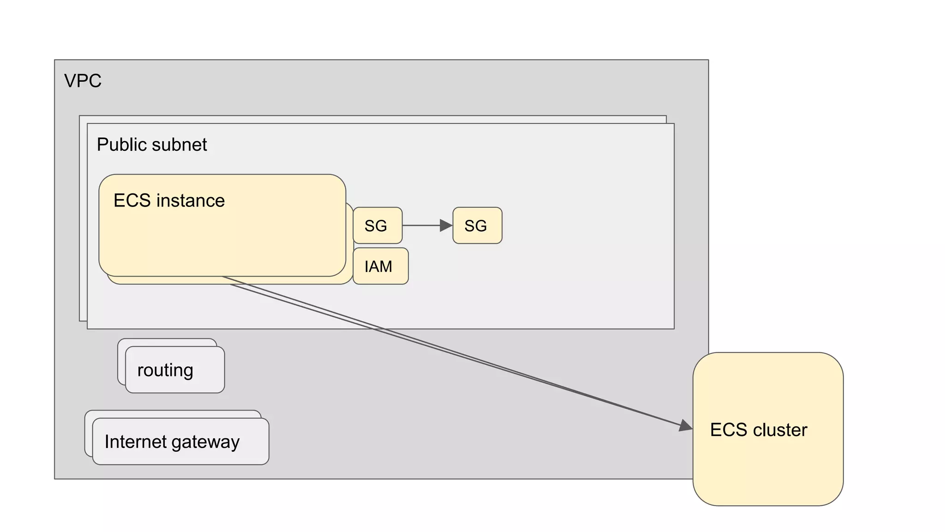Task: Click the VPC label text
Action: click(83, 81)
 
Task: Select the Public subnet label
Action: click(152, 145)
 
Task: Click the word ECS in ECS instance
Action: click(132, 200)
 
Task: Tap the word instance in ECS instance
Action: click(191, 200)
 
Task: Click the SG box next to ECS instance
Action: click(377, 225)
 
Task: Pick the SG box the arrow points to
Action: click(477, 225)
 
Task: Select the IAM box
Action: click(380, 266)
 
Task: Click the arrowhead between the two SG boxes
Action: click(446, 225)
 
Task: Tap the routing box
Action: click(175, 370)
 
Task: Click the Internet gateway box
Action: click(180, 441)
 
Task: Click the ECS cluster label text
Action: click(758, 430)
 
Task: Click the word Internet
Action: click(135, 441)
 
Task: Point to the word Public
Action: click(121, 145)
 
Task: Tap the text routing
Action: click(165, 370)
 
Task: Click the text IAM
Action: click(378, 266)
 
